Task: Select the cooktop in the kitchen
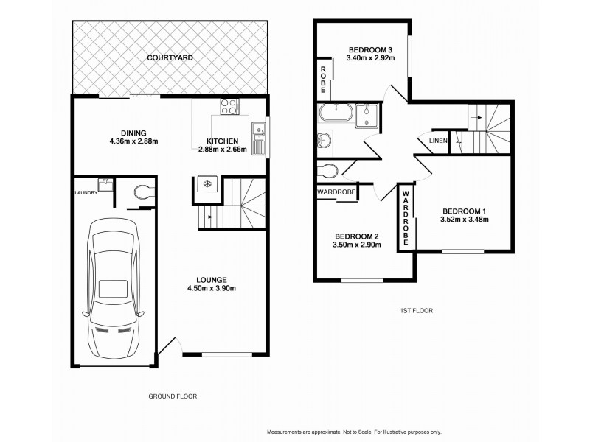tap(231, 106)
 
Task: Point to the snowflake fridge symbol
tap(206, 183)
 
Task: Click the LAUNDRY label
tap(86, 193)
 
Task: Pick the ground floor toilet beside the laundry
tap(142, 193)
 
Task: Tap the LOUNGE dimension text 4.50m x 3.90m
tap(211, 289)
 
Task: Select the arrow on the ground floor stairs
tap(210, 217)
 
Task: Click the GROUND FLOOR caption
tap(172, 396)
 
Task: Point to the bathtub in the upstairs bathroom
tap(336, 113)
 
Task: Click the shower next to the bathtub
tap(367, 114)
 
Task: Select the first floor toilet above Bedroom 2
tap(328, 171)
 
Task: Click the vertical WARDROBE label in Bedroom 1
tap(406, 218)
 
